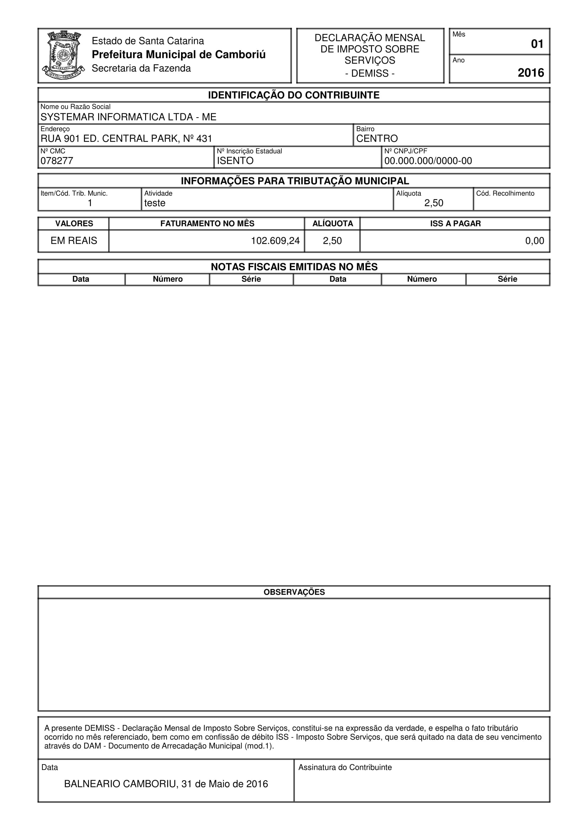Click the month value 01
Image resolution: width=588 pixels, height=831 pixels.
pos(537,44)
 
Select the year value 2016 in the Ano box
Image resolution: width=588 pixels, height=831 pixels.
pos(531,73)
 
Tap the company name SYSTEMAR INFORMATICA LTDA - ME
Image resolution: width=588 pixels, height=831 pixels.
pos(128,117)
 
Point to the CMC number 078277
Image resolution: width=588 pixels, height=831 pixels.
pos(57,161)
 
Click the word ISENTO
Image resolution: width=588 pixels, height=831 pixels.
pos(235,161)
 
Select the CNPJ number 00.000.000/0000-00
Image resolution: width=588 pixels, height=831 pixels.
pos(428,161)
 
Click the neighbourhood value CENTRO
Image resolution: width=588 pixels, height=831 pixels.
pos(377,138)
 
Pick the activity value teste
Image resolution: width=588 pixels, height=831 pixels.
pos(155,203)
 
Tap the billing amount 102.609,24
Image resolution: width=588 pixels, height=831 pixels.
pos(275,241)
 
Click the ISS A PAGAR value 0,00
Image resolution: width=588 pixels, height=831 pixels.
pos(534,241)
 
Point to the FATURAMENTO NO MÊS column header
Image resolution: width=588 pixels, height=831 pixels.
pos(207,224)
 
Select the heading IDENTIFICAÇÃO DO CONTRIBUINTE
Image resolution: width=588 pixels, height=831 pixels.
pos(293,95)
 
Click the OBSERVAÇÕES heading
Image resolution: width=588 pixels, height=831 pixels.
pos(294,592)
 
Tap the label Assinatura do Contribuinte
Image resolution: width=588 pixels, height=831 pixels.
pos(345,767)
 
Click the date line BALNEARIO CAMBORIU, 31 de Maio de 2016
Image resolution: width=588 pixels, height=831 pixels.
pos(166,784)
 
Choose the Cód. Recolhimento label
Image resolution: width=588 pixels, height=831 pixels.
pos(505,193)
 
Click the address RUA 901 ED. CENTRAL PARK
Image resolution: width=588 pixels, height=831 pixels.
pos(126,138)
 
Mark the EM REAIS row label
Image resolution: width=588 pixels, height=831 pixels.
pos(74,241)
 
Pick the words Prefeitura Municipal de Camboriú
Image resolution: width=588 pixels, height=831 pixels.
pos(179,54)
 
